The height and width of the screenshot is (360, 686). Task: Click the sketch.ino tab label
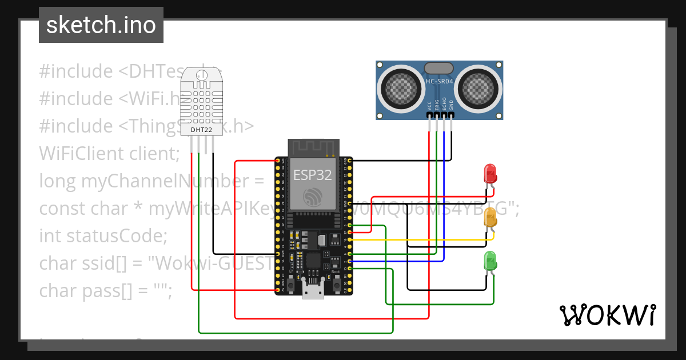[101, 25]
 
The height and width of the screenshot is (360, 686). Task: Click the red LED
[490, 173]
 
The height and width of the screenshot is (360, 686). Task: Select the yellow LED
[490, 218]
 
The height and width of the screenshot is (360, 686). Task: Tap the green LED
[490, 261]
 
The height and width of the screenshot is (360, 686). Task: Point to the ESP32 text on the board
[312, 174]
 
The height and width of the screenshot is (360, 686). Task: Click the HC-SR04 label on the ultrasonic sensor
[439, 82]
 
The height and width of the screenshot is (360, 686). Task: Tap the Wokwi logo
[607, 315]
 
